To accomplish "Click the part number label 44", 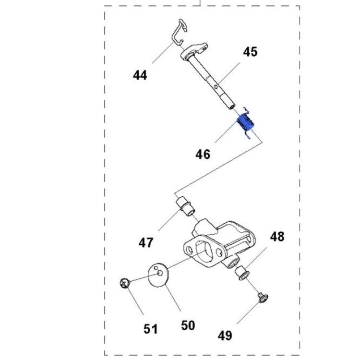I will pos(140,75).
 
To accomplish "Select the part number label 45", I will pos(250,52).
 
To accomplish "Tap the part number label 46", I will pos(203,154).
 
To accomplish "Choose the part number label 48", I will pos(276,237).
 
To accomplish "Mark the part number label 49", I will pos(225,335).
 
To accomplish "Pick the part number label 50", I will pos(188,325).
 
